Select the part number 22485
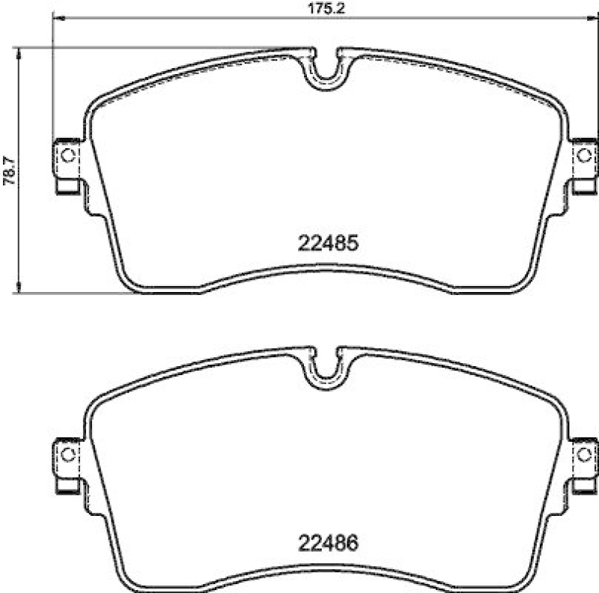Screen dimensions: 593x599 click(329, 243)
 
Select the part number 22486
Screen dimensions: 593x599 click(329, 541)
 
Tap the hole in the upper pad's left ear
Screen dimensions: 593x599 click(67, 155)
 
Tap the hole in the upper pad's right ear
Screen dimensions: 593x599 click(585, 155)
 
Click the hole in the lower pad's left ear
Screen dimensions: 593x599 click(67, 454)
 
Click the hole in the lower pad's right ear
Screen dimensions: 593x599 click(585, 454)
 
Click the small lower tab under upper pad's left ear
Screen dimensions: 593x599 click(66, 186)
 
